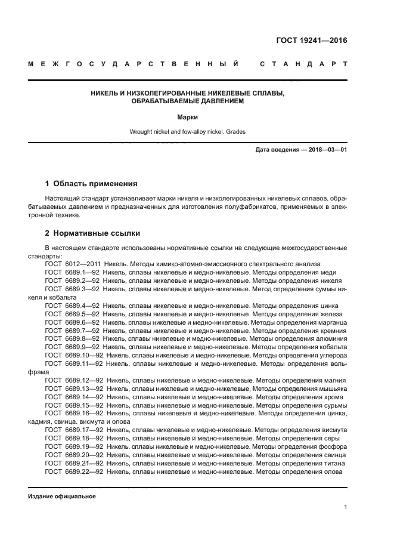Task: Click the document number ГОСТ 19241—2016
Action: point(311,41)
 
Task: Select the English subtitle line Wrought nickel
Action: point(187,132)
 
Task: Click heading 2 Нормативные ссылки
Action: point(92,233)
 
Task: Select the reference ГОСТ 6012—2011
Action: point(72,263)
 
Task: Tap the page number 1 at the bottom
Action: point(345,507)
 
